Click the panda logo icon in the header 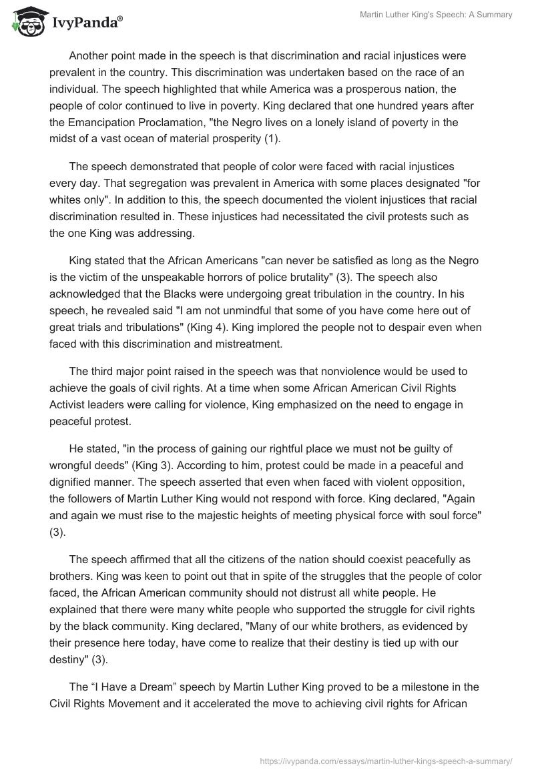[x=25, y=22]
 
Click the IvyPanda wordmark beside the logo [x=86, y=23]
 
